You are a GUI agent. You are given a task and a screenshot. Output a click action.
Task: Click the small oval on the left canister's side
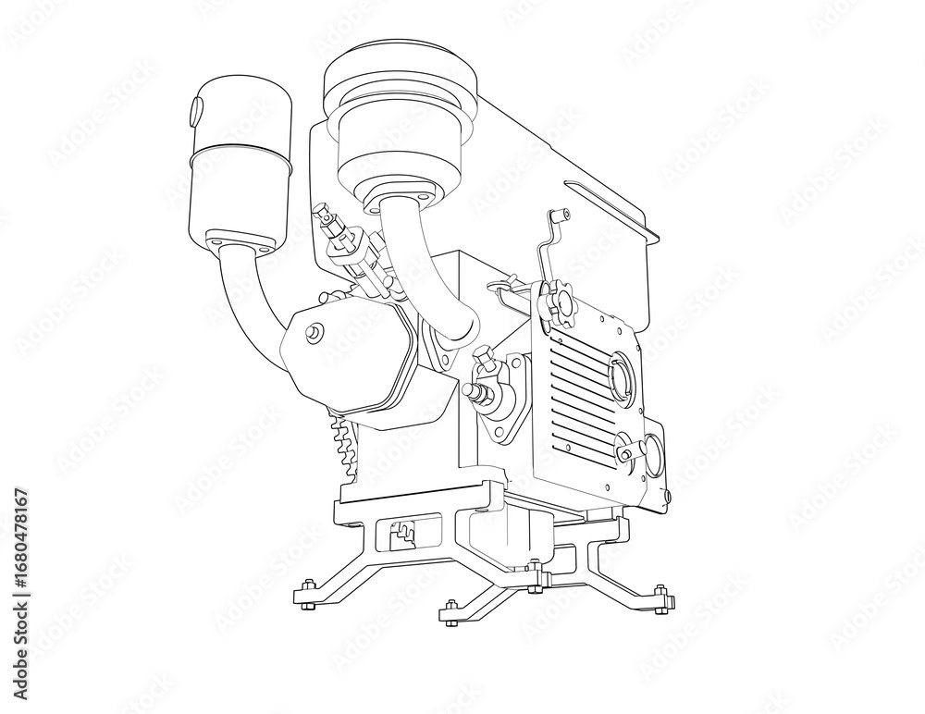click(x=196, y=111)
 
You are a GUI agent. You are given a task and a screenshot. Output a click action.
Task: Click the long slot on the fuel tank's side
click(x=610, y=206)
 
